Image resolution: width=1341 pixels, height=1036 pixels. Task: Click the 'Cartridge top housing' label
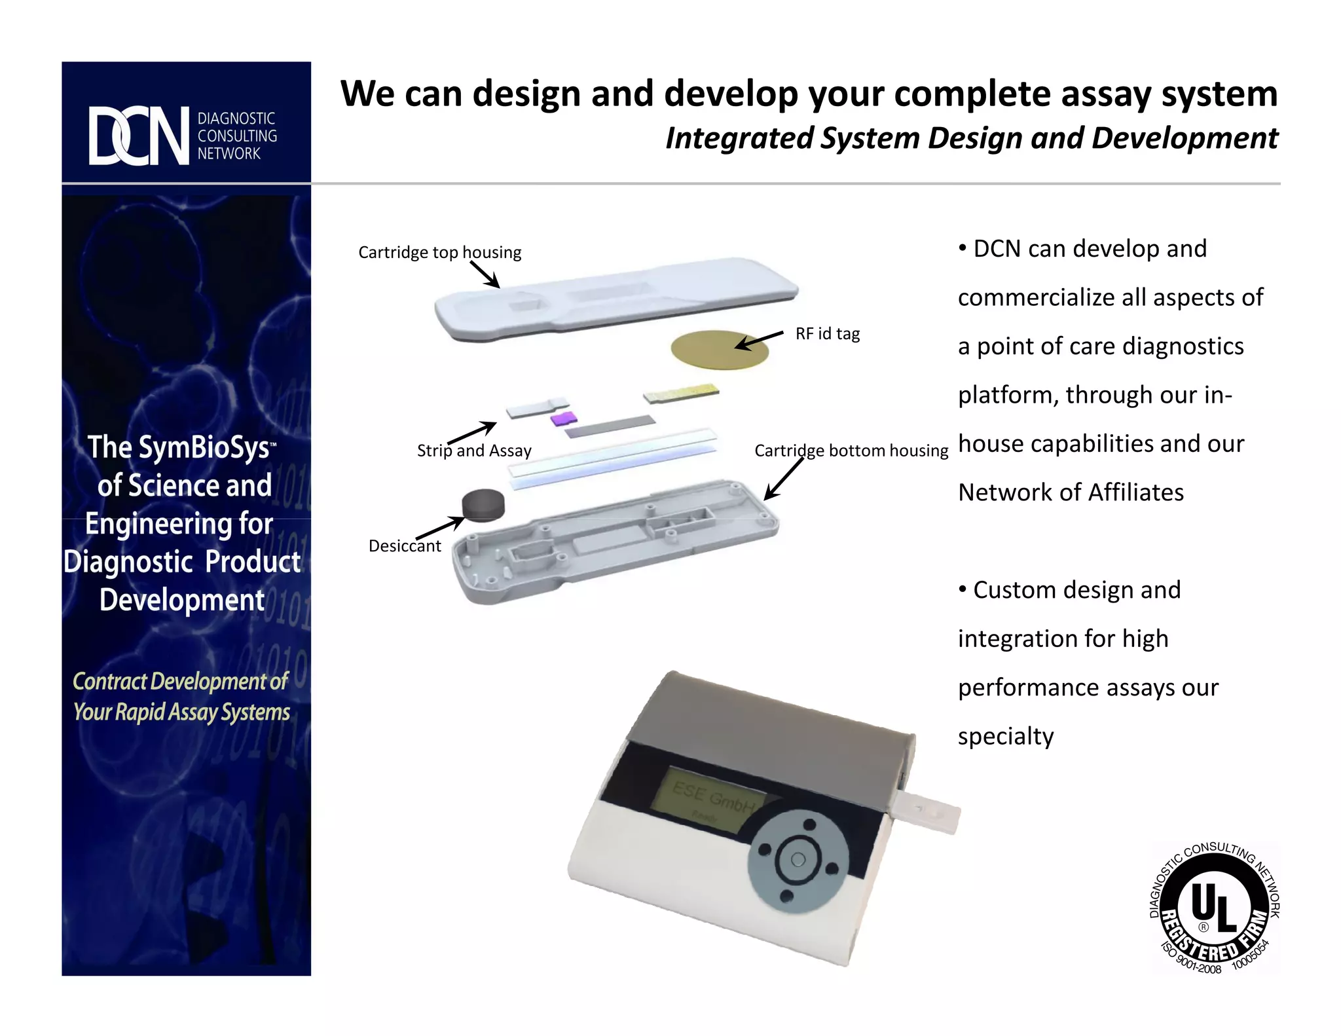tap(439, 252)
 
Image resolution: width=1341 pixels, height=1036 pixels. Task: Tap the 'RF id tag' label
tap(828, 334)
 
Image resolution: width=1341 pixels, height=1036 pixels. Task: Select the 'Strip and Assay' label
tap(474, 451)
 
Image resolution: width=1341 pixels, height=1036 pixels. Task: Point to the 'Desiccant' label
tap(405, 546)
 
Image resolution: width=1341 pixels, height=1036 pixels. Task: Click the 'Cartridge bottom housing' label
tap(851, 451)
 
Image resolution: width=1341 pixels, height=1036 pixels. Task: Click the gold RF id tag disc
tap(719, 350)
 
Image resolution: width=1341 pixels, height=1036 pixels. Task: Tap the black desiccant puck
tap(483, 505)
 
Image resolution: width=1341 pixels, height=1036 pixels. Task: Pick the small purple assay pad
tap(564, 418)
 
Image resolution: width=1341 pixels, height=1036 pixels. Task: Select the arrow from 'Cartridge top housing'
tap(485, 274)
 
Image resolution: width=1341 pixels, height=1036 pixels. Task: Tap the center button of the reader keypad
tap(798, 860)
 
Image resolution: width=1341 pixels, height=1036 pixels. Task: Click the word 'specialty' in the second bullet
tap(1006, 737)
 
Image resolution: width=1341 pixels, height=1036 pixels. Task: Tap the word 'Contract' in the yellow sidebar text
tap(109, 682)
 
